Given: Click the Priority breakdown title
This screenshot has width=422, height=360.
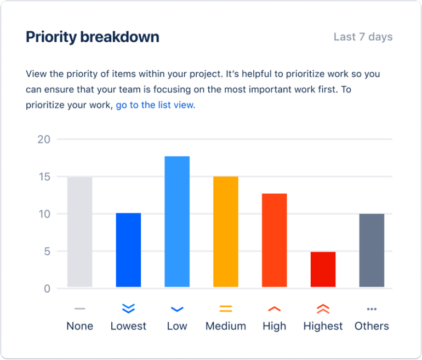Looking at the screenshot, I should coord(93,37).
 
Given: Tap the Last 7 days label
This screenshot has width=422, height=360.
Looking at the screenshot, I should coord(363,37).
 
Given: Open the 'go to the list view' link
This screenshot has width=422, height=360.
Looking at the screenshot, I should coord(155,105).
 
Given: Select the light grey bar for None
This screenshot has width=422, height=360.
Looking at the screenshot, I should coord(80,232).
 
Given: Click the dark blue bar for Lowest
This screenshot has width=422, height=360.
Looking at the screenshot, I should coord(128,250).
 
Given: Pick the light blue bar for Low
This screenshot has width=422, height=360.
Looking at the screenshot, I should coord(177,221).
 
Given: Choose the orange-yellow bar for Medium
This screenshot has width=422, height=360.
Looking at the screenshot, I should coord(226,232).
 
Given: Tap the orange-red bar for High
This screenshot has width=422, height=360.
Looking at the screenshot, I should coord(274,240).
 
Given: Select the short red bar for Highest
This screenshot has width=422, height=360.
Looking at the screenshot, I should coord(323,269).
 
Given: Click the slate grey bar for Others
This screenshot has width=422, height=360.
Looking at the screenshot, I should coord(372,250).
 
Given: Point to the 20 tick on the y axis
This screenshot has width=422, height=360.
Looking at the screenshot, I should coord(44,140).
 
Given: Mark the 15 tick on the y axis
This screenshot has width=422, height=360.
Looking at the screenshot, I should coord(44,177).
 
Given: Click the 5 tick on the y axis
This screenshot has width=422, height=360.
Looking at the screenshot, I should coord(47,252).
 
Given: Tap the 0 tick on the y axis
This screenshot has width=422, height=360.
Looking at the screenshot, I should coord(47,289).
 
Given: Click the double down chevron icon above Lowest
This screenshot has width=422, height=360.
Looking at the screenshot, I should coord(128,309).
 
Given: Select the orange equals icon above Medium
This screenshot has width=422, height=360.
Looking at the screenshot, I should coord(226,309).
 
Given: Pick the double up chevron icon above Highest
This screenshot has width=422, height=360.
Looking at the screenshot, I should coord(323,309).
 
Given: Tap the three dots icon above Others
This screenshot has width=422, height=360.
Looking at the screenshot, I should coord(372,309).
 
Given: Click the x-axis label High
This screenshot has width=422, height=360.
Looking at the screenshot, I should coord(274,326).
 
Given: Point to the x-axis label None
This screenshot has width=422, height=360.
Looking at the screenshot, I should coord(80,326).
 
